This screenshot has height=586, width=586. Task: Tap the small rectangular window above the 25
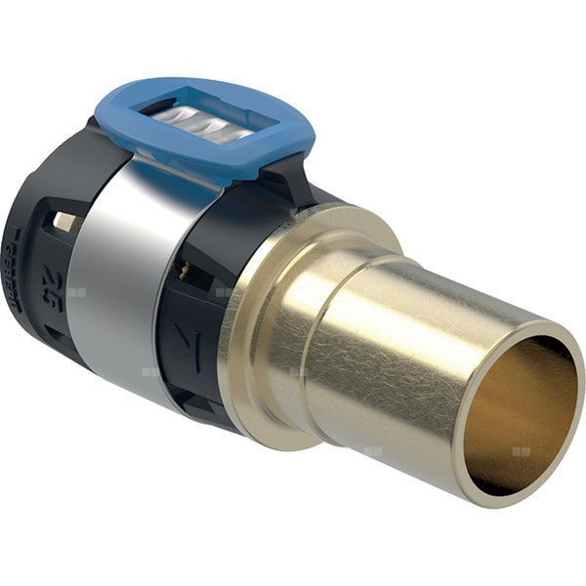63,221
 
